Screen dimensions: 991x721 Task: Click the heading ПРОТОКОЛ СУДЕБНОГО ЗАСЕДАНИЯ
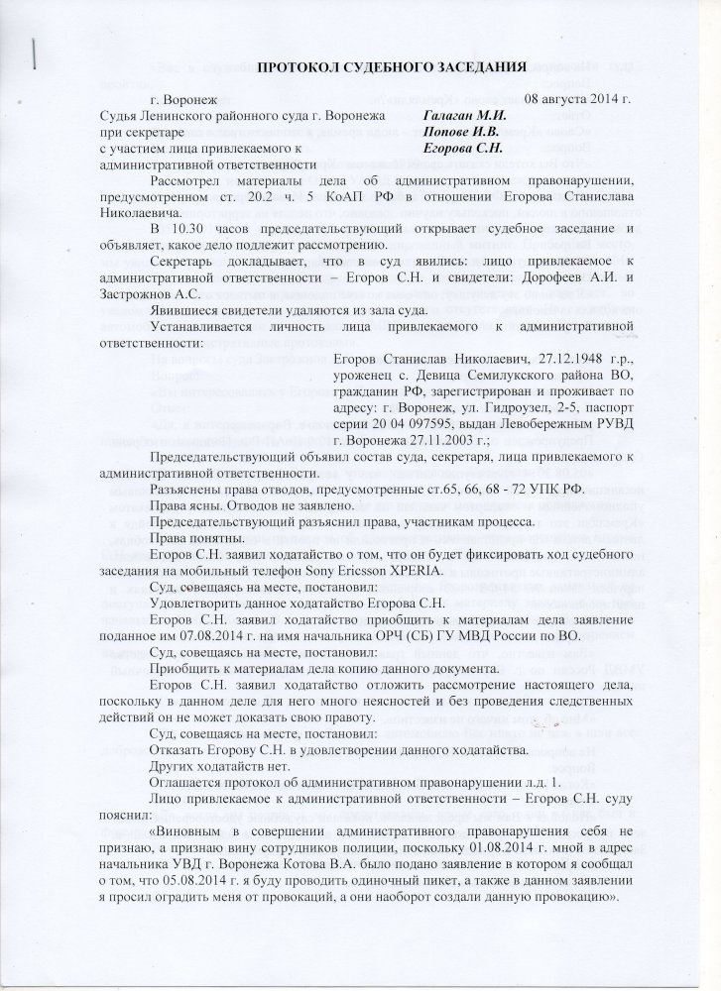pos(392,66)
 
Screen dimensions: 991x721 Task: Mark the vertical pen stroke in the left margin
pos(35,52)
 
